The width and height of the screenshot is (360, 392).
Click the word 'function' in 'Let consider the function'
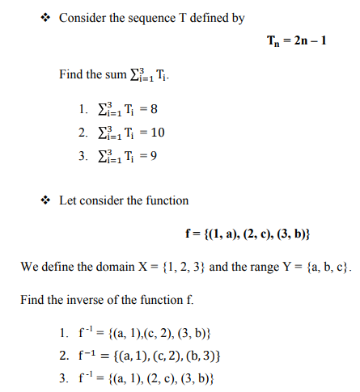coord(166,200)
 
